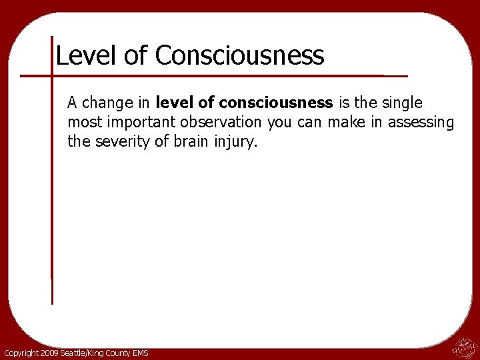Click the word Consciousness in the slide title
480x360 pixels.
[x=240, y=55]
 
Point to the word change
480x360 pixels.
[x=109, y=103]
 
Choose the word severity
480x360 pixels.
[x=119, y=141]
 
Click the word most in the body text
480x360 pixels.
[x=82, y=122]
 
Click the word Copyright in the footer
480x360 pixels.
[x=22, y=353]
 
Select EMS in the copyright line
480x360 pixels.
[x=139, y=353]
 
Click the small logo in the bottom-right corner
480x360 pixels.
[x=465, y=348]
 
